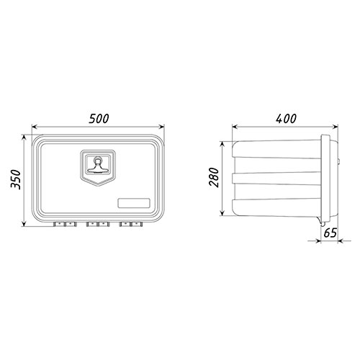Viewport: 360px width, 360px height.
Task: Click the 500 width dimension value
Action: point(99,118)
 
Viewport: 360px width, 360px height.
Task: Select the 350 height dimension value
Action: point(16,179)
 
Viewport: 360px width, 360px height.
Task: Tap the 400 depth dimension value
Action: point(286,118)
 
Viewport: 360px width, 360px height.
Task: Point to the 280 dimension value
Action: point(214,178)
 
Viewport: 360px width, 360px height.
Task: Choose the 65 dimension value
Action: point(330,233)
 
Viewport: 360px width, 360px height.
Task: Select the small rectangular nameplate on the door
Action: point(134,203)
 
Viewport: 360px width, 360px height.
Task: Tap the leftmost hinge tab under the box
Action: point(59,224)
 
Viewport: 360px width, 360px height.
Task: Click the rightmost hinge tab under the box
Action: point(137,224)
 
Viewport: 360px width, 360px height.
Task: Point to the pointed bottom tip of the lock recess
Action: point(98,185)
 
